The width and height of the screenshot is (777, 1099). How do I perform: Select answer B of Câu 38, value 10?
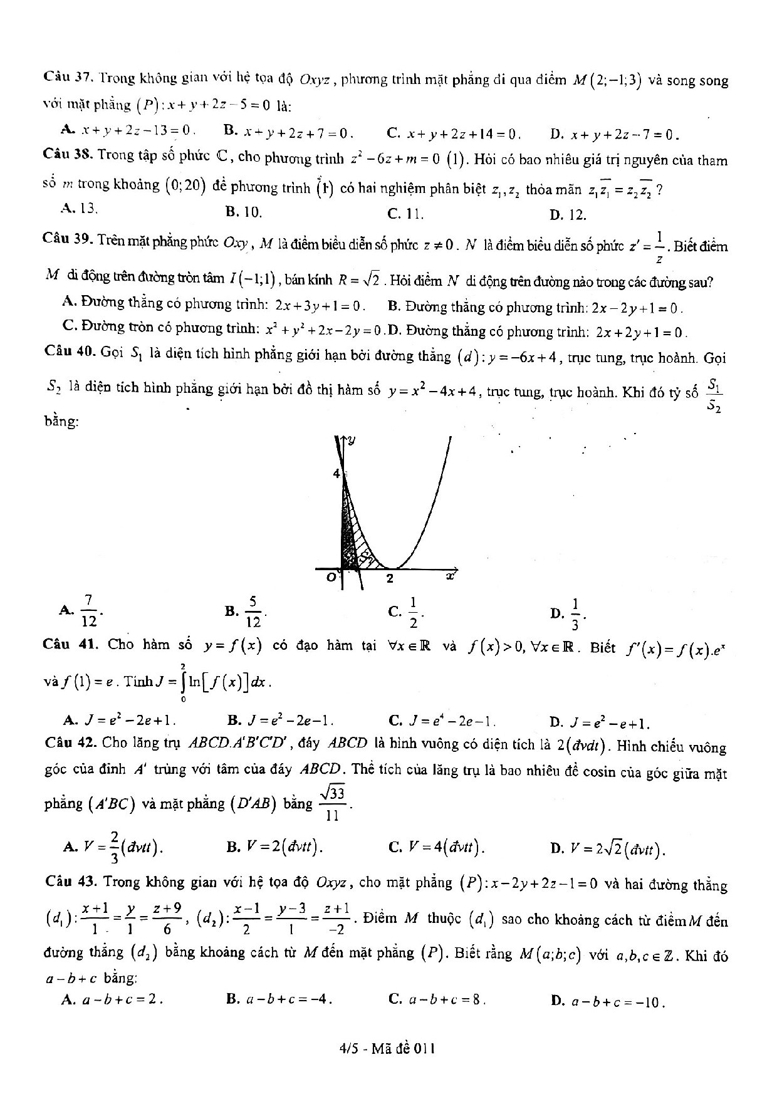coord(244,212)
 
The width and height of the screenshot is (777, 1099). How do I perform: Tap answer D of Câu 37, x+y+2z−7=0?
coord(615,134)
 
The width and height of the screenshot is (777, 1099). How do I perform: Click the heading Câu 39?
coord(69,240)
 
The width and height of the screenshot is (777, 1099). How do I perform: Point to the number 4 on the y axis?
coord(336,474)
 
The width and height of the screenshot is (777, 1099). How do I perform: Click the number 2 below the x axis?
coord(389,578)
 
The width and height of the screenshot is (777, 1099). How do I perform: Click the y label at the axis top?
coord(352,441)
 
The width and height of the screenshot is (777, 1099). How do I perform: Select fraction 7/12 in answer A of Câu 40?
coord(88,611)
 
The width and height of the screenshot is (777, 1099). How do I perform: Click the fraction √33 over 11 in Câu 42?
coord(332,804)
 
